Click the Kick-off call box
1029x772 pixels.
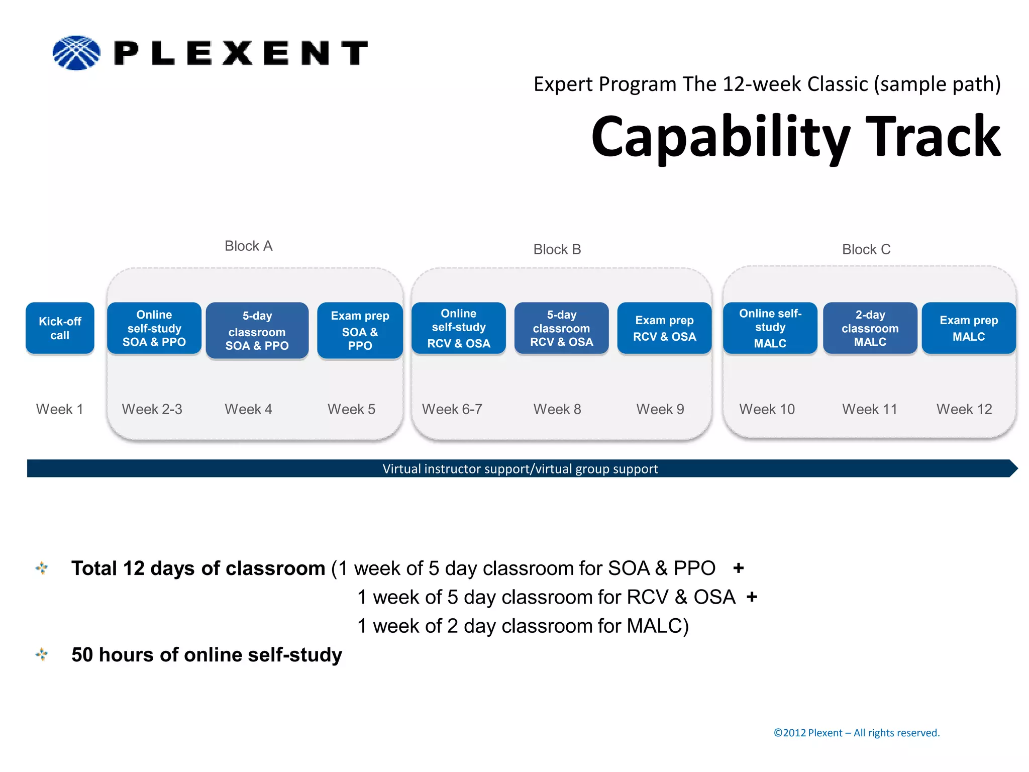coord(60,328)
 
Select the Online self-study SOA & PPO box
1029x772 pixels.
coord(154,328)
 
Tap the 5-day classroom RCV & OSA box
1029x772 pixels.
coord(561,328)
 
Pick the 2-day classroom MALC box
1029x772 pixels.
coord(870,328)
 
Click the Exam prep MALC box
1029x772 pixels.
coord(969,328)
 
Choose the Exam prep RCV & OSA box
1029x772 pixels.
coord(664,328)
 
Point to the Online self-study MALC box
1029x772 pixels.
coord(770,328)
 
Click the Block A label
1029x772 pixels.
coord(248,246)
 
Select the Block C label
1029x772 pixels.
coord(866,249)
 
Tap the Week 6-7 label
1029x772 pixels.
coord(452,409)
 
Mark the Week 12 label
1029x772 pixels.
coord(964,409)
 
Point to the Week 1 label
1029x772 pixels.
coord(59,409)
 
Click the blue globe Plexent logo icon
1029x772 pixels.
coord(76,53)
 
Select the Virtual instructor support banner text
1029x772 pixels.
coord(520,468)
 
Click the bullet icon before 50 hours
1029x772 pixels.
coord(42,654)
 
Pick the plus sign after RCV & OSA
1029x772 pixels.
coord(752,597)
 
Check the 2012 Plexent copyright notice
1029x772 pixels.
coord(856,733)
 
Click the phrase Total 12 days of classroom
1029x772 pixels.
coord(198,568)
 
